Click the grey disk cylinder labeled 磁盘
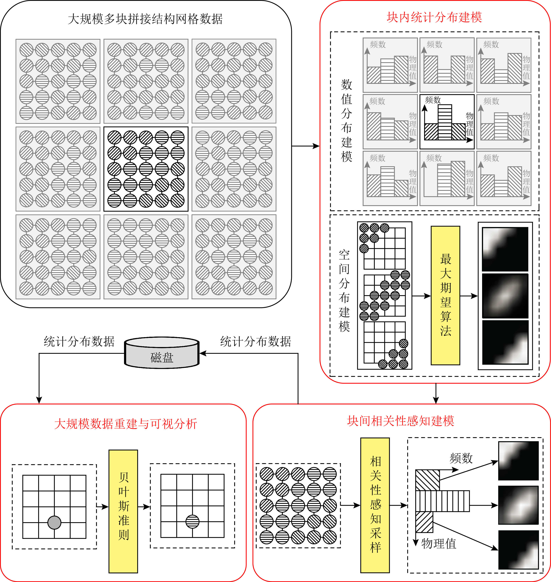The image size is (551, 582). (162, 352)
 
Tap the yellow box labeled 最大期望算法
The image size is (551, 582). (445, 295)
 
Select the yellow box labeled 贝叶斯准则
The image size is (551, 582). (123, 512)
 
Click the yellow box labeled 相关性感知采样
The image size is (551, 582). (375, 505)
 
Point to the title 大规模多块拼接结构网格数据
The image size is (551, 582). (145, 19)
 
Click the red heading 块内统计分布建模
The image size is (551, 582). (434, 17)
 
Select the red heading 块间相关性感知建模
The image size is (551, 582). (401, 421)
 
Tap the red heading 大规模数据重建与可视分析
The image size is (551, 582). (126, 424)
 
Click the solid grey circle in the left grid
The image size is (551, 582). (54, 522)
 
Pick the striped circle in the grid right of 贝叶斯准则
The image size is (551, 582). (192, 522)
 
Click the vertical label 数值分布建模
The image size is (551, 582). (347, 121)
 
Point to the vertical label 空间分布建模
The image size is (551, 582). (344, 291)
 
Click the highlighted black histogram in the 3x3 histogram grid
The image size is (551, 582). (447, 122)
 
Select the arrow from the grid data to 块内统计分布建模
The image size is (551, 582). (305, 146)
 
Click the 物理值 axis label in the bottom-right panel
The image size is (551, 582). (439, 544)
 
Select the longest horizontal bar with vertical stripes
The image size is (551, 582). (442, 501)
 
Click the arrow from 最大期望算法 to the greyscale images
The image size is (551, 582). (469, 296)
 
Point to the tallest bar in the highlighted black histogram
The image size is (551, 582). (445, 122)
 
